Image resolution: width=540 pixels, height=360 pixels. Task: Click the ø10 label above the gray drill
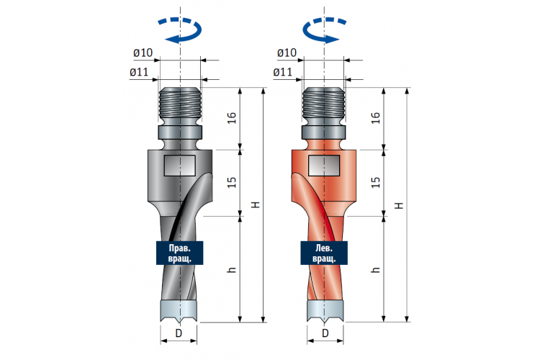(x=143, y=53)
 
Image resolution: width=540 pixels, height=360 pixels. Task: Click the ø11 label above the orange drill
(x=283, y=72)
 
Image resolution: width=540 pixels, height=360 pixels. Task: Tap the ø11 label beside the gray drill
(x=139, y=72)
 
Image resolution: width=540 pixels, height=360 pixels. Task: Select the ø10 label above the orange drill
(x=287, y=53)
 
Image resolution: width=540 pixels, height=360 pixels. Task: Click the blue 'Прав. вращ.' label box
(x=180, y=253)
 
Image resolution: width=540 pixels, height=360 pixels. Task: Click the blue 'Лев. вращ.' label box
(x=324, y=253)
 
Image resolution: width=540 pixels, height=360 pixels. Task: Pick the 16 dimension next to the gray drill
(x=232, y=118)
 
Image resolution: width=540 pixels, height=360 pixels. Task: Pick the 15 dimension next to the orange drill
(x=376, y=182)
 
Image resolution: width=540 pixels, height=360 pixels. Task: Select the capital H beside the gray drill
(x=255, y=204)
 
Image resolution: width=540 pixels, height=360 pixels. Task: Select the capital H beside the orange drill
(x=399, y=206)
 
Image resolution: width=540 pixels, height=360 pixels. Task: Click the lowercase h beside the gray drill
(x=232, y=269)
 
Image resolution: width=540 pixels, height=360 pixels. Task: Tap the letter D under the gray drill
(x=179, y=333)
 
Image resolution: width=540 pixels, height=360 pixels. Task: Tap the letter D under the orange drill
(x=325, y=333)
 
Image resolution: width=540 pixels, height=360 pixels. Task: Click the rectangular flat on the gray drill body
(x=180, y=166)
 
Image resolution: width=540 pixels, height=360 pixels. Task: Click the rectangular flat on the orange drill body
(x=324, y=166)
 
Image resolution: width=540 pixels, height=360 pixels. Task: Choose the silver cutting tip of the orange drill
(x=325, y=312)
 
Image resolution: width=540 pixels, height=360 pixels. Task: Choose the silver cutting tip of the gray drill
(x=179, y=312)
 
